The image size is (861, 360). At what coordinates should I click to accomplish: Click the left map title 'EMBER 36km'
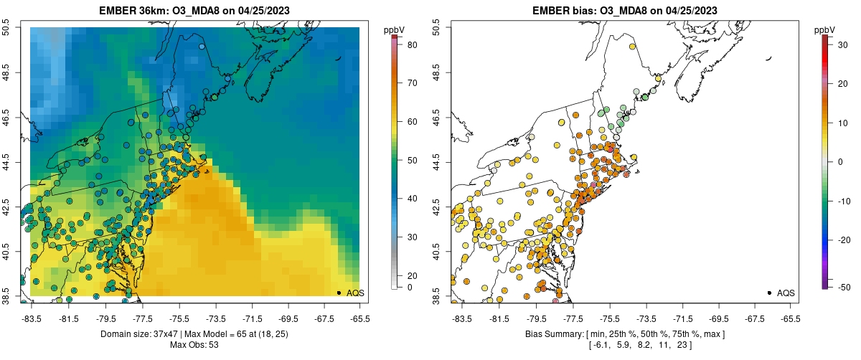tap(131, 11)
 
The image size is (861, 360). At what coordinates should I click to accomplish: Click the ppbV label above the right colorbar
tap(825, 29)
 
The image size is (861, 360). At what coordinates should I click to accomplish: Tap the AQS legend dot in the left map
tap(339, 293)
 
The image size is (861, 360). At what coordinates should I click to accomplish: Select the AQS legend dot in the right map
tap(769, 293)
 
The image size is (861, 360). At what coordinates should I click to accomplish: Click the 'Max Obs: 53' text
tap(195, 345)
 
